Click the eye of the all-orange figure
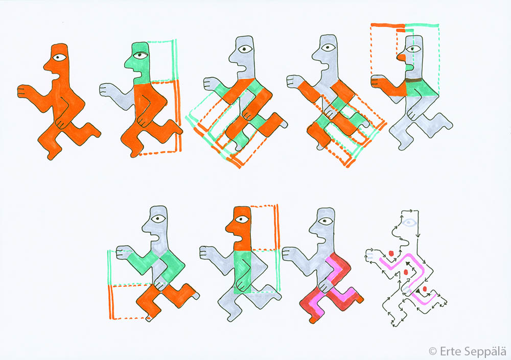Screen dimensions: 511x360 pyautogui.click(x=60, y=58)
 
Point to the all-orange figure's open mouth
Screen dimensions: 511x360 pyautogui.click(x=56, y=77)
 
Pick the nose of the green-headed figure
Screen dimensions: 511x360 pyautogui.click(x=128, y=64)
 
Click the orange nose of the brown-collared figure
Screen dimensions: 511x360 pyautogui.click(x=401, y=57)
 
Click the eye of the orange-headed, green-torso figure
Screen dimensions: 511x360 pyautogui.click(x=242, y=219)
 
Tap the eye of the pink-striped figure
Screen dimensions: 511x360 pyautogui.click(x=325, y=221)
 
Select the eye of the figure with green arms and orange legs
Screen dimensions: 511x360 pyautogui.click(x=159, y=219)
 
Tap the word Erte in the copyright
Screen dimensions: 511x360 pyautogui.click(x=450, y=351)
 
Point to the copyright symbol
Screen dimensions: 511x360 pyautogui.click(x=433, y=351)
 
